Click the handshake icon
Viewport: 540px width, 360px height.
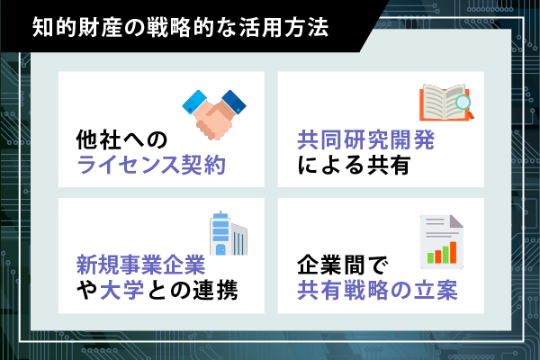[214, 114]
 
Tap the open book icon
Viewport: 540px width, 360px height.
[446, 103]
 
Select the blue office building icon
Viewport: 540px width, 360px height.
[229, 233]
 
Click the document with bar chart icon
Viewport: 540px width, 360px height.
[442, 241]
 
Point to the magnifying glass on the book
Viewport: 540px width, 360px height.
[463, 103]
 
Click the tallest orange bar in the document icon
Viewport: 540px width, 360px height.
[453, 252]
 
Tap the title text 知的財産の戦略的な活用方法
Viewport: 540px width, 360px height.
[181, 27]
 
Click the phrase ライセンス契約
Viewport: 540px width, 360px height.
[151, 165]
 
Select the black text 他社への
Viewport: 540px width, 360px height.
[121, 139]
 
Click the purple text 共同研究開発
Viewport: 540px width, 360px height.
[366, 139]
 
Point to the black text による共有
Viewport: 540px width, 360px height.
[354, 165]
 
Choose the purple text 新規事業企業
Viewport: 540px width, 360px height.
[141, 265]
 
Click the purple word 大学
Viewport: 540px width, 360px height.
[121, 290]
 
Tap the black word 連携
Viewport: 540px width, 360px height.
[215, 290]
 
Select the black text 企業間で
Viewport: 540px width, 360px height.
[343, 265]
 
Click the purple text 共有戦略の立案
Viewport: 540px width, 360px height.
[377, 290]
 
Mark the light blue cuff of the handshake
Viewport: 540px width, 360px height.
[194, 102]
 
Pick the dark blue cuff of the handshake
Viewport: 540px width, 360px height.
[234, 102]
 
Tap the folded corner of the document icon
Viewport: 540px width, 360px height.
[456, 221]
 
